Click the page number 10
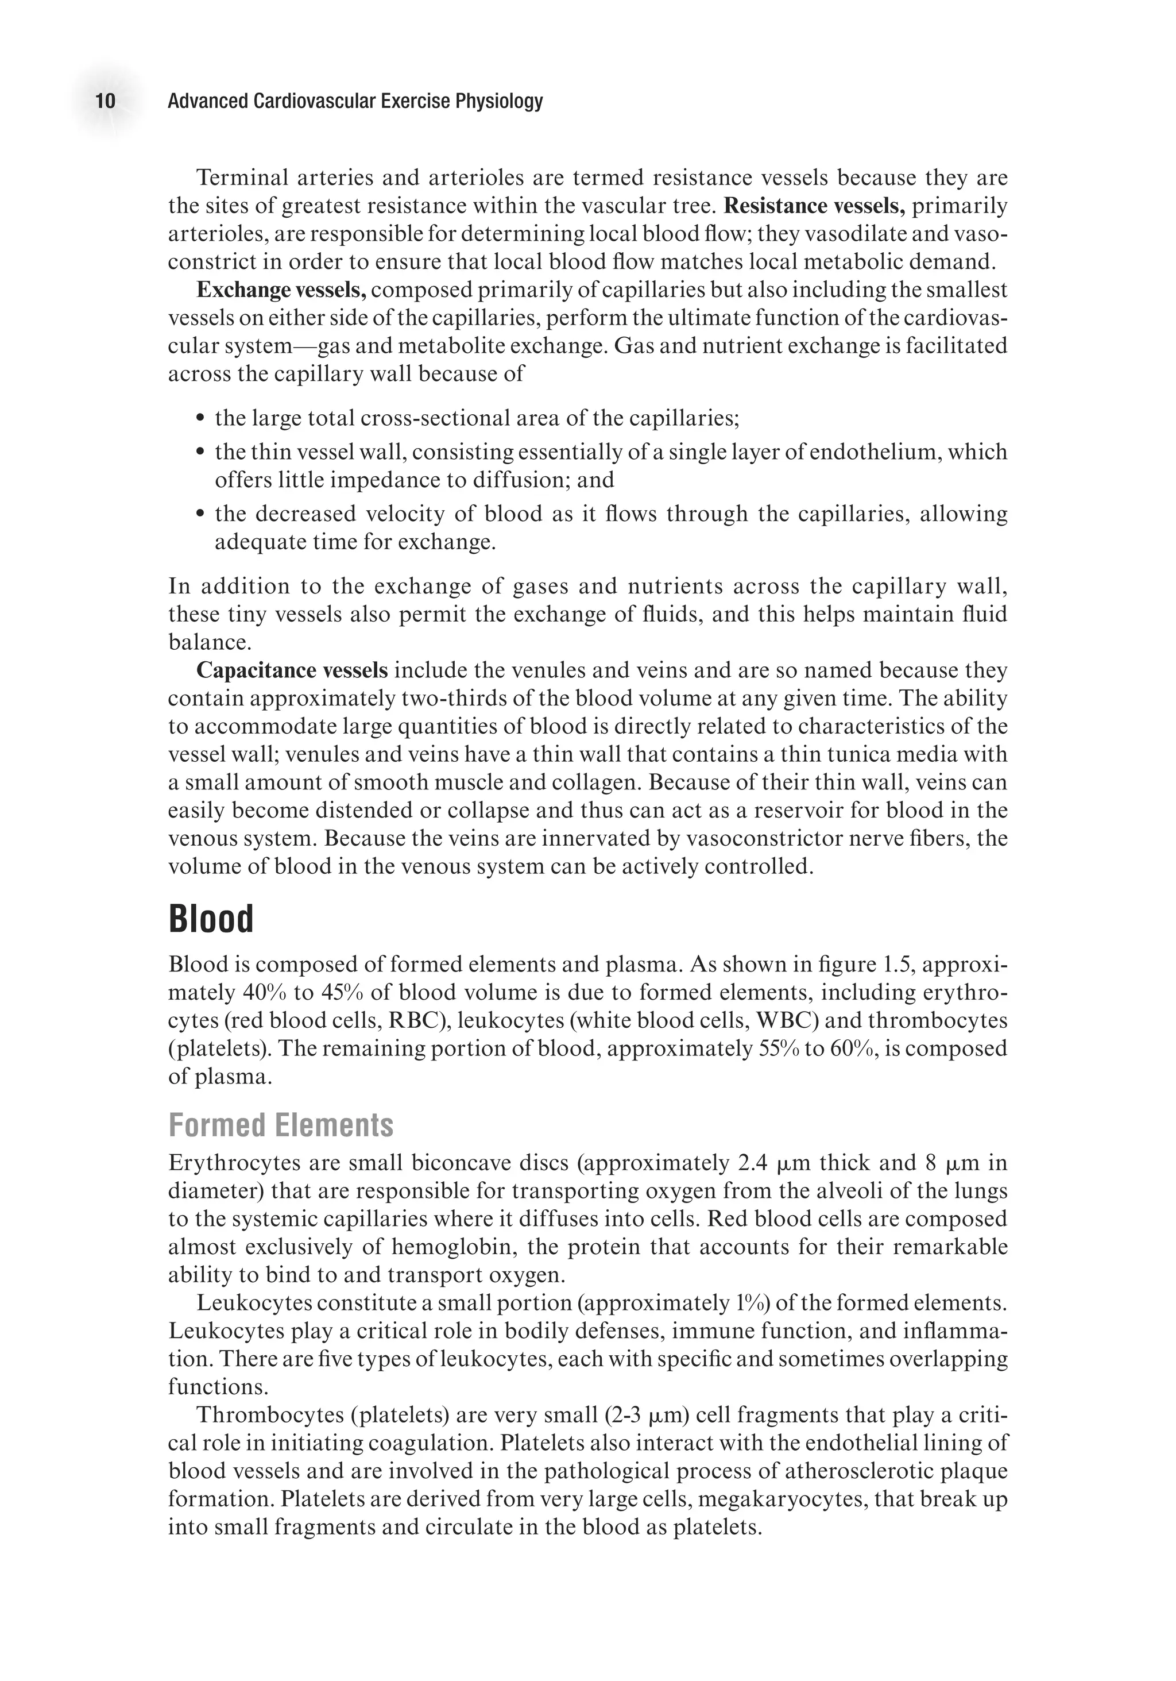pos(106,101)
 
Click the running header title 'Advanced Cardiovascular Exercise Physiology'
pos(355,101)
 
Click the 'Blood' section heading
pos(211,919)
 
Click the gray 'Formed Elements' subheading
pos(280,1125)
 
